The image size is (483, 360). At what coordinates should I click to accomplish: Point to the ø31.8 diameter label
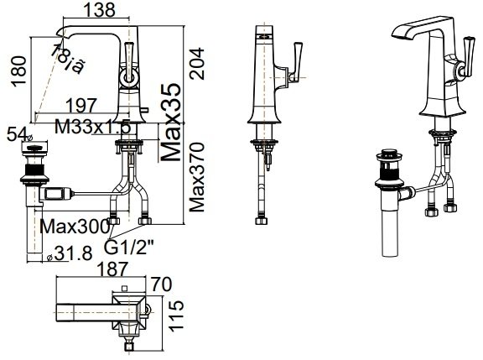[x=66, y=253]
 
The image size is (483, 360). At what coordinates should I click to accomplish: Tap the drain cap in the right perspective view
[x=390, y=154]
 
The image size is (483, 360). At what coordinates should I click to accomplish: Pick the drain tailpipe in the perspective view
[x=391, y=227]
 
